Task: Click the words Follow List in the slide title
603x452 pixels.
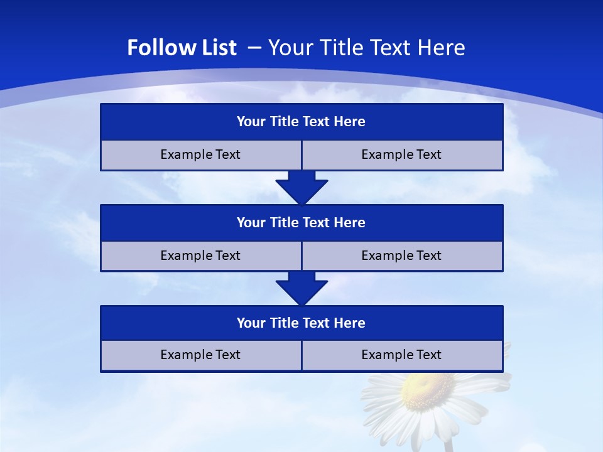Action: click(182, 48)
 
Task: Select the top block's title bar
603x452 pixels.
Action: click(301, 122)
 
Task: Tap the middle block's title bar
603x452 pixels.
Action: click(301, 222)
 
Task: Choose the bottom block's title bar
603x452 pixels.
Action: click(301, 323)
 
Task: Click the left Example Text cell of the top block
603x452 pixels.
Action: click(200, 154)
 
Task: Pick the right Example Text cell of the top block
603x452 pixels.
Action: click(401, 154)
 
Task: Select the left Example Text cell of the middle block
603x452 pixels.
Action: click(200, 256)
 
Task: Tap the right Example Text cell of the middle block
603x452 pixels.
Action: click(401, 256)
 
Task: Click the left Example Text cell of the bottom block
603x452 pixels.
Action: click(200, 355)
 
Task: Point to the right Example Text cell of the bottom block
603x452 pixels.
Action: click(401, 355)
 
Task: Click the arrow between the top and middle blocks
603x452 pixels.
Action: click(301, 187)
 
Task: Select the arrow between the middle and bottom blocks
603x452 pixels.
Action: click(301, 288)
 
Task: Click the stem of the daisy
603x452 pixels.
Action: click(448, 444)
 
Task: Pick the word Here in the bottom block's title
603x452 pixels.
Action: click(349, 323)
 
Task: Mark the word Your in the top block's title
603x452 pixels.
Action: click(251, 122)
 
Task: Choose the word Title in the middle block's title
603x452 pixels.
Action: click(284, 222)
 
